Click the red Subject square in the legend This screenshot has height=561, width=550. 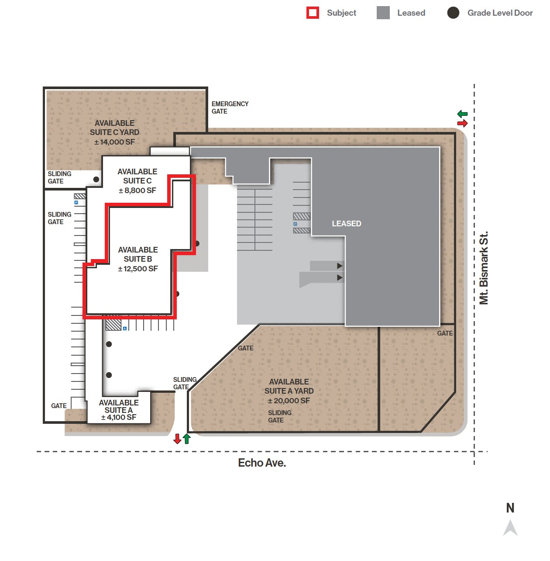[313, 13]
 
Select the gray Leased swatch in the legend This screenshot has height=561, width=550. [383, 13]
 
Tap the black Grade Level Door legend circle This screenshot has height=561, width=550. [453, 13]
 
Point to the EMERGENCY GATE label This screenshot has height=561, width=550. [230, 107]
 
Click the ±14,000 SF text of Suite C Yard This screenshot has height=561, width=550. [114, 142]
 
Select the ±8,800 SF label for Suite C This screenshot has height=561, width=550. [137, 190]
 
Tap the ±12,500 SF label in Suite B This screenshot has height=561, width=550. [137, 269]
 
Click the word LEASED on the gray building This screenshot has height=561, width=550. [346, 224]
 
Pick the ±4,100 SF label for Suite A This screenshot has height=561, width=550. [118, 418]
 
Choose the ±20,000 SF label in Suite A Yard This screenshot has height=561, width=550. [289, 401]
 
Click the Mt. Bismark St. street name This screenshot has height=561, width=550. [484, 267]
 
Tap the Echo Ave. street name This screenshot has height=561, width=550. [262, 463]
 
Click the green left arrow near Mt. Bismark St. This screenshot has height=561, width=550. [462, 114]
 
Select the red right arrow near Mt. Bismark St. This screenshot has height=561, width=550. [462, 123]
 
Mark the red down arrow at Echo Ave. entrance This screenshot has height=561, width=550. [177, 439]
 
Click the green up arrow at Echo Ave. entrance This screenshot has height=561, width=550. [187, 439]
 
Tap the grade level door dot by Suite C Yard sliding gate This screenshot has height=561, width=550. [96, 179]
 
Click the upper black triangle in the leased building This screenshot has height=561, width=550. [340, 266]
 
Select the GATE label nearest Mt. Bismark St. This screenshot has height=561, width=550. [445, 333]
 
